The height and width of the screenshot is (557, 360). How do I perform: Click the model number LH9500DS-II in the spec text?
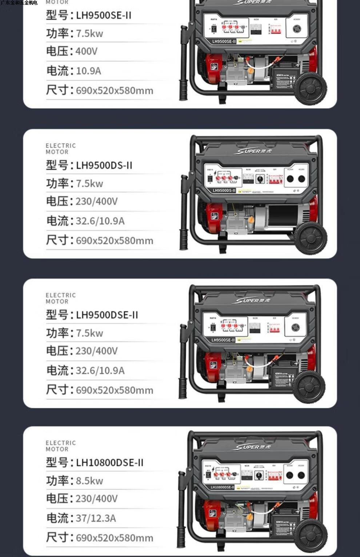click(x=104, y=165)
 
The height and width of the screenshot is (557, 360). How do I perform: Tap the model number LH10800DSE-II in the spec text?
click(x=109, y=463)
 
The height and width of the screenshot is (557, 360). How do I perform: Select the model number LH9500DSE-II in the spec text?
click(x=107, y=315)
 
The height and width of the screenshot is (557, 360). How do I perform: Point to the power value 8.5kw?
click(x=89, y=481)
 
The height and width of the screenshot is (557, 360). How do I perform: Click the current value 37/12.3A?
click(x=96, y=518)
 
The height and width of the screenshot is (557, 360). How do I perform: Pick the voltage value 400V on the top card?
click(x=87, y=51)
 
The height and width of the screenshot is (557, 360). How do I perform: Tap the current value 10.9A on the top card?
click(x=88, y=70)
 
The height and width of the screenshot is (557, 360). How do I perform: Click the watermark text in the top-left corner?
click(x=19, y=3)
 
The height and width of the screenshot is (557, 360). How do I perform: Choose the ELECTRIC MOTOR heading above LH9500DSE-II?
click(x=61, y=298)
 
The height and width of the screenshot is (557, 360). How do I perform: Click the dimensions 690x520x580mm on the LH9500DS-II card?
click(x=115, y=241)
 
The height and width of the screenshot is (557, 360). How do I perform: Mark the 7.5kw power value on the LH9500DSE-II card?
click(x=89, y=333)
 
